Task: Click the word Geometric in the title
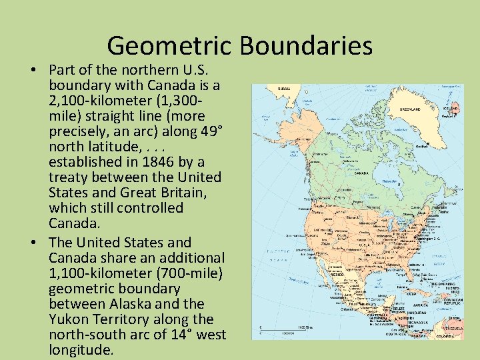(169, 45)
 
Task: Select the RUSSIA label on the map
(284, 89)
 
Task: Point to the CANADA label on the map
(361, 172)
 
